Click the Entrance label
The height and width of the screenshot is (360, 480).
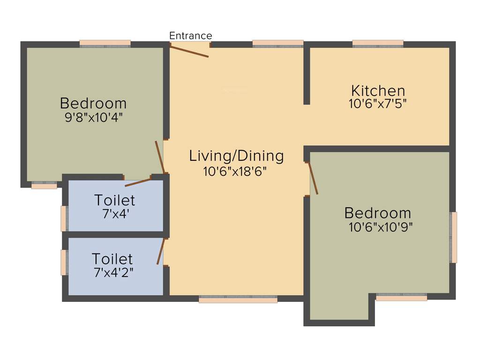pyautogui.click(x=190, y=36)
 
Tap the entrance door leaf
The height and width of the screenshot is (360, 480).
pyautogui.click(x=189, y=50)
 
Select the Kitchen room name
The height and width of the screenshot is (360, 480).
pyautogui.click(x=378, y=90)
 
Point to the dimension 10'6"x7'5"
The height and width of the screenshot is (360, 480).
pyautogui.click(x=378, y=104)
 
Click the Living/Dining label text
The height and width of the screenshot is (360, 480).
pyautogui.click(x=236, y=156)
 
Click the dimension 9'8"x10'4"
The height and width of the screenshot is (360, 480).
pyautogui.click(x=93, y=117)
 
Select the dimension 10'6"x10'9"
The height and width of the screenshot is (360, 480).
pyautogui.click(x=381, y=227)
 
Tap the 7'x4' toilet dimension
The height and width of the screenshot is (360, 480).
pyautogui.click(x=115, y=214)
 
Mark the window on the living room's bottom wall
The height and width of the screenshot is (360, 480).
pyautogui.click(x=238, y=299)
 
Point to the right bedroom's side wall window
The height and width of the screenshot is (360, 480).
pyautogui.click(x=453, y=237)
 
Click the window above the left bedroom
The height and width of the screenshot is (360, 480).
pyautogui.click(x=105, y=44)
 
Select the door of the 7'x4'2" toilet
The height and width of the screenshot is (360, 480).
pyautogui.click(x=161, y=252)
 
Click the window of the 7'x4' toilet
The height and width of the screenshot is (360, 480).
pyautogui.click(x=64, y=218)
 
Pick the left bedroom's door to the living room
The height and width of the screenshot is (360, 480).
pyautogui.click(x=160, y=157)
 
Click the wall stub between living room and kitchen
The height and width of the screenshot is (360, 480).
pyautogui.click(x=307, y=75)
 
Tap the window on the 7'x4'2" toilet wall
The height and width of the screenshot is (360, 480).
pyautogui.click(x=63, y=262)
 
